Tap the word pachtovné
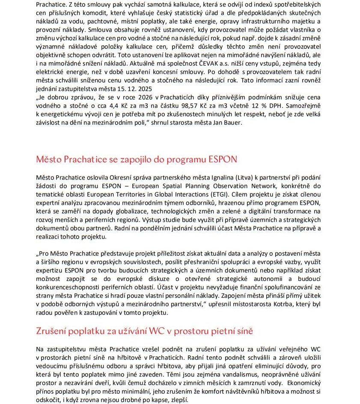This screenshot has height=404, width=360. (x=108, y=22)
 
